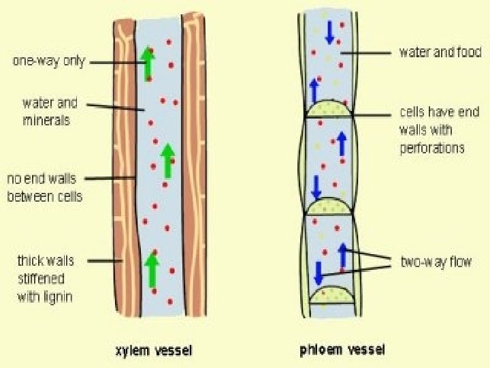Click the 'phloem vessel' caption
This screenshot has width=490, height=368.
point(342,350)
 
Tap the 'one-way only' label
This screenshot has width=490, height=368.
point(49,61)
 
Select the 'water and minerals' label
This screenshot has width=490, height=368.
point(50,112)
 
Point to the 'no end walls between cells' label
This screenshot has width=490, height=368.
point(44,187)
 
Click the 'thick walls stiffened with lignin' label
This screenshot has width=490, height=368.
point(46,278)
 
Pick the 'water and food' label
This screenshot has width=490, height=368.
point(440,52)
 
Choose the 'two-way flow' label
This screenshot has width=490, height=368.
point(436,262)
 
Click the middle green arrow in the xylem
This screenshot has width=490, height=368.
point(167,159)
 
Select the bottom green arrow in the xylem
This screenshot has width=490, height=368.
point(152,269)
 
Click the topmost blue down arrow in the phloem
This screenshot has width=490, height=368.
point(329,31)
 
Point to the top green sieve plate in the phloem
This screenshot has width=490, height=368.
point(329,110)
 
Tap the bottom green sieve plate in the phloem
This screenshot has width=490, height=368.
point(330,294)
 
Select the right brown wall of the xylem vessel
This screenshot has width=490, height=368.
point(195,170)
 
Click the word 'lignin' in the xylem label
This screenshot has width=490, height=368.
point(57,296)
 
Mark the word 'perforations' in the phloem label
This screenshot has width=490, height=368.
point(431,148)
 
